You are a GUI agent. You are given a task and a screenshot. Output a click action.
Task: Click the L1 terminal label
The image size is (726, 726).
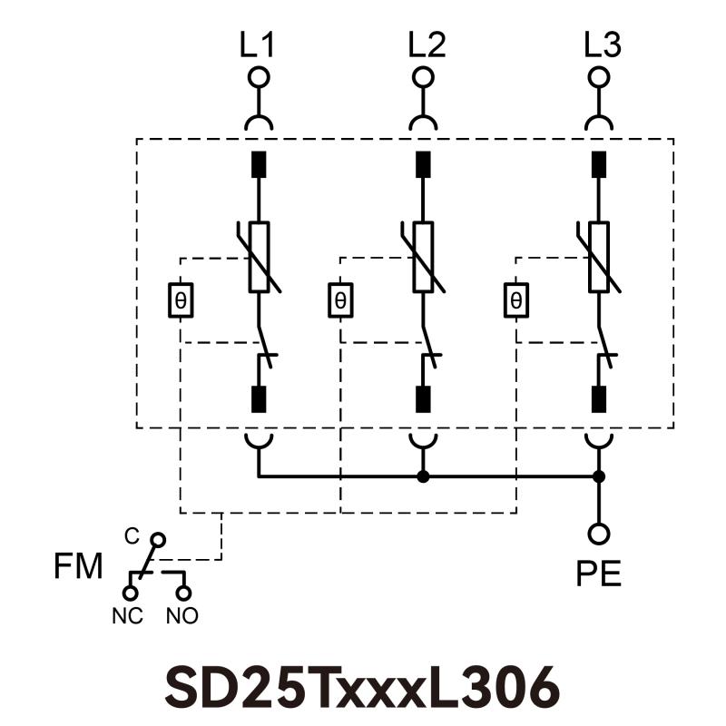click(260, 45)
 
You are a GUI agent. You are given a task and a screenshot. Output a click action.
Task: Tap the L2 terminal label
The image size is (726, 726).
click(426, 45)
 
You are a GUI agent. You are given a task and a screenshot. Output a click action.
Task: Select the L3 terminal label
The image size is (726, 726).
click(602, 45)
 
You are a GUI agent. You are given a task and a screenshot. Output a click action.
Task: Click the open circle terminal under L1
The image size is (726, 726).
click(259, 77)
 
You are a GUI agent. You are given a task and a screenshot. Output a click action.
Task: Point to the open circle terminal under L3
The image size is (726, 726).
click(598, 77)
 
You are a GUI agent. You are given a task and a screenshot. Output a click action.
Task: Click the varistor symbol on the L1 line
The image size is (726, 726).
click(260, 257)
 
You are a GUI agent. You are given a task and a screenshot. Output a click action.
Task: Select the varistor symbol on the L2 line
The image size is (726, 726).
click(423, 257)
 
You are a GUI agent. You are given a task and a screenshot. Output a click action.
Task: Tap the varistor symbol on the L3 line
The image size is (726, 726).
click(599, 257)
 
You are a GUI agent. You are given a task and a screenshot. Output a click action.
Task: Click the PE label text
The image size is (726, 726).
click(599, 574)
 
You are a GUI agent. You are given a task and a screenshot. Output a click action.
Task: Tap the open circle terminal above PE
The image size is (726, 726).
click(599, 534)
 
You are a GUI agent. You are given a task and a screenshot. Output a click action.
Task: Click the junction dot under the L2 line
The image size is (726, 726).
click(423, 476)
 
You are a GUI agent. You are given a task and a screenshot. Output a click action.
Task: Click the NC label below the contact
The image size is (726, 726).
click(129, 615)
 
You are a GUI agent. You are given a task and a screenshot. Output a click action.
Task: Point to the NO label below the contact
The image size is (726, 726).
click(182, 615)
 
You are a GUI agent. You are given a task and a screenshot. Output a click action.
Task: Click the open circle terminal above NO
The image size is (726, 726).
click(184, 594)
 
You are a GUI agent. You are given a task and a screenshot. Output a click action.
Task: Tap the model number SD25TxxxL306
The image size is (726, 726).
click(362, 687)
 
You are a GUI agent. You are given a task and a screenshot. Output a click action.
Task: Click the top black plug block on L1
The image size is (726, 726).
click(260, 164)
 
